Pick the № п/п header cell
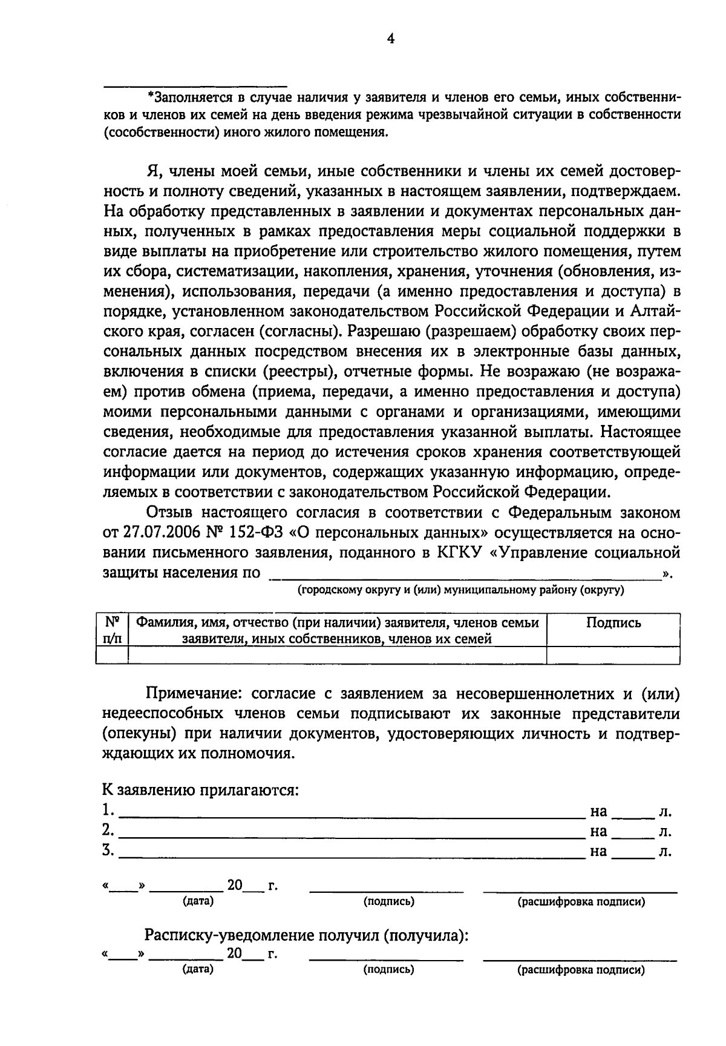[x=112, y=630]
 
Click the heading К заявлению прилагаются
[x=200, y=791]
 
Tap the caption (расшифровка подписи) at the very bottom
[x=581, y=970]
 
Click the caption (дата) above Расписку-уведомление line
[x=198, y=901]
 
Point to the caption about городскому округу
[x=460, y=590]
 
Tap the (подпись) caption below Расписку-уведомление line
[x=388, y=970]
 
